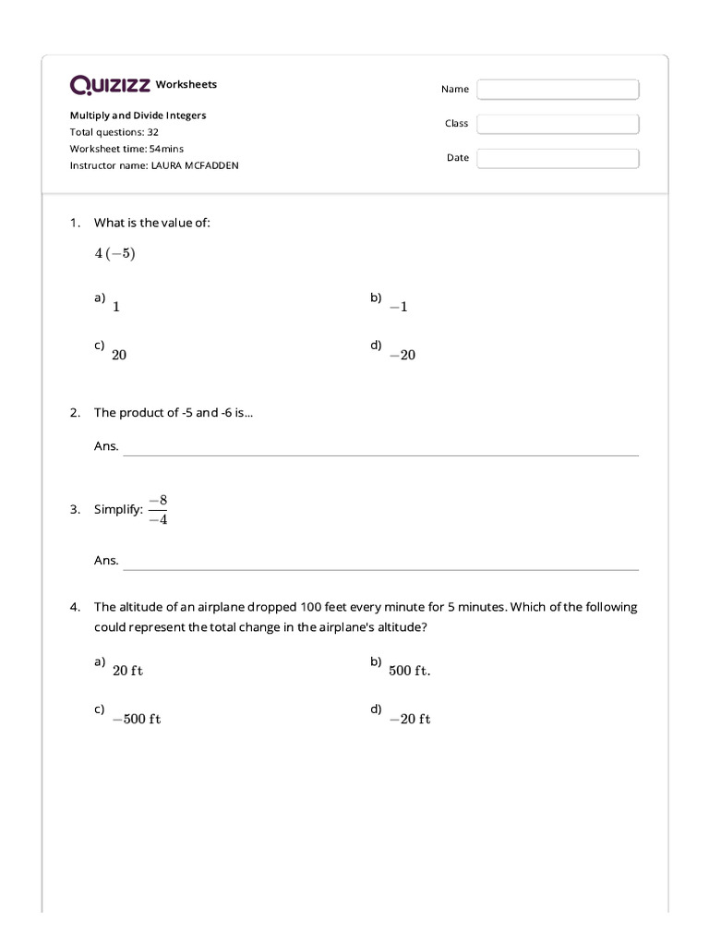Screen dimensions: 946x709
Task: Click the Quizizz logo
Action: pos(110,85)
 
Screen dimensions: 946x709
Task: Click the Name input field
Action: pos(558,90)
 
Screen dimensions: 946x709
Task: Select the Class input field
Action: pos(558,124)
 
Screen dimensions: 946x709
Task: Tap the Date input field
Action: pos(558,158)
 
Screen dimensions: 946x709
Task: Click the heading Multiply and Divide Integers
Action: pos(138,115)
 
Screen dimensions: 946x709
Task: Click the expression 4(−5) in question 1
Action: pos(114,254)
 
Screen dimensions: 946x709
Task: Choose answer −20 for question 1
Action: pos(403,355)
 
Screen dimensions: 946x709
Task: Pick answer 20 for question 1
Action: pos(119,355)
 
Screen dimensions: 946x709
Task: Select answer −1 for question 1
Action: pos(398,307)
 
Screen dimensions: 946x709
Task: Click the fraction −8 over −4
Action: pos(158,509)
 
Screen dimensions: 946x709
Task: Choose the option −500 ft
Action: pos(137,720)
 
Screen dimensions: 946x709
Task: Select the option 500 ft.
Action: pos(409,672)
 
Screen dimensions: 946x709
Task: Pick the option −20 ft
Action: pos(410,720)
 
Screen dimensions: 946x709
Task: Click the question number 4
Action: pos(75,608)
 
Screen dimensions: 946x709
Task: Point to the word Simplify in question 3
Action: pos(118,510)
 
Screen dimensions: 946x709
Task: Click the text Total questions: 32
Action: pos(114,132)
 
